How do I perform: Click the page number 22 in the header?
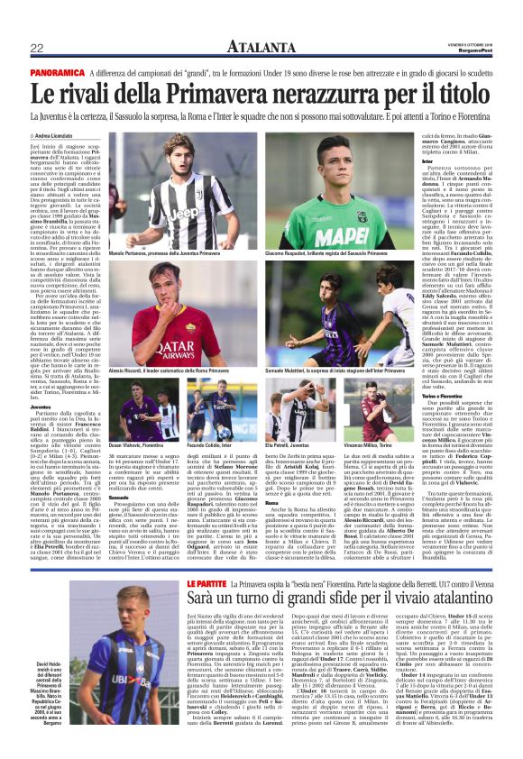38,47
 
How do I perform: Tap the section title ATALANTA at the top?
261,47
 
